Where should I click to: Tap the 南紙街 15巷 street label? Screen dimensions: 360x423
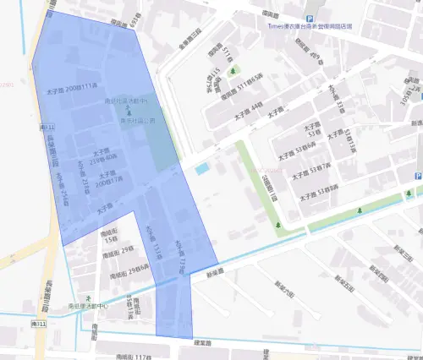click(109, 234)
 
